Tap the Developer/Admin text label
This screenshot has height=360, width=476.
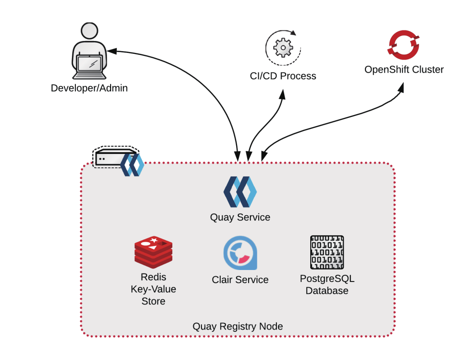tap(89, 88)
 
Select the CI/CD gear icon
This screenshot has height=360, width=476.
tap(283, 47)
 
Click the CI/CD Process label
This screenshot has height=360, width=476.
tap(283, 76)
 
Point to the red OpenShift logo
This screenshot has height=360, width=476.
tap(403, 45)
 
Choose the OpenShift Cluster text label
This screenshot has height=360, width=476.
tap(404, 70)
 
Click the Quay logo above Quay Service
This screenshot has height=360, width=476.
tap(240, 192)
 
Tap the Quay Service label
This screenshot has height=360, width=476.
tap(240, 217)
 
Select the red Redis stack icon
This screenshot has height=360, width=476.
tap(153, 252)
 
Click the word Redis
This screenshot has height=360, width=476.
tap(153, 277)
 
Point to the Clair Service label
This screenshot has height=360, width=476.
tap(240, 280)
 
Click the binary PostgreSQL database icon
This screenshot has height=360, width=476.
tap(327, 252)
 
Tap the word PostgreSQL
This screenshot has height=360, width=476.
tap(327, 279)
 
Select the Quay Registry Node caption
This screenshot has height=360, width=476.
tap(238, 326)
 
